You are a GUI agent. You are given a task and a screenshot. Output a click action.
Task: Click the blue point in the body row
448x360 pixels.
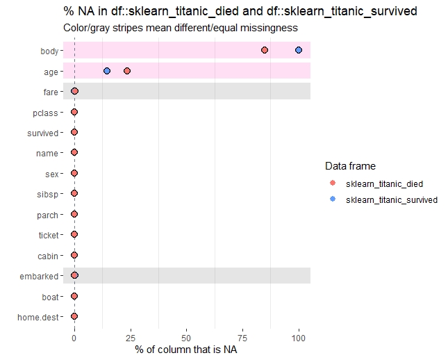[299, 50]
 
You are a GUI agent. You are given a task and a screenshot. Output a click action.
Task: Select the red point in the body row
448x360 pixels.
[265, 50]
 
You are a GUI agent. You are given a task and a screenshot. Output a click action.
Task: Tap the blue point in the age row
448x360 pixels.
[107, 71]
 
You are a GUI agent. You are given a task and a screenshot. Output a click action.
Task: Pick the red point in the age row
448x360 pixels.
[127, 71]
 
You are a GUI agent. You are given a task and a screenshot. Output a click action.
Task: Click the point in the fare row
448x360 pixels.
[74, 91]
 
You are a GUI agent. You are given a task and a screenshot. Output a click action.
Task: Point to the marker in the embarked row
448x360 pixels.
[74, 276]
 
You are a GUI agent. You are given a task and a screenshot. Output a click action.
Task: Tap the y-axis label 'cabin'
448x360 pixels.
[48, 256]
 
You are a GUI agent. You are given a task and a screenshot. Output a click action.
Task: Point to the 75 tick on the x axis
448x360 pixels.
[242, 337]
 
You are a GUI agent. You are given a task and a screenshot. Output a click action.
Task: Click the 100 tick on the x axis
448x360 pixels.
[299, 337]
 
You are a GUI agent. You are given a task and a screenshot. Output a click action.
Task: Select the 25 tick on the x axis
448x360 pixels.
[130, 337]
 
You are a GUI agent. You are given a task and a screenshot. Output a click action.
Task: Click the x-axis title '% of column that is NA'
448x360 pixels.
[186, 349]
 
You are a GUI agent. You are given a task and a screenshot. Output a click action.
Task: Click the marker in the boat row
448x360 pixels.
[74, 296]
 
